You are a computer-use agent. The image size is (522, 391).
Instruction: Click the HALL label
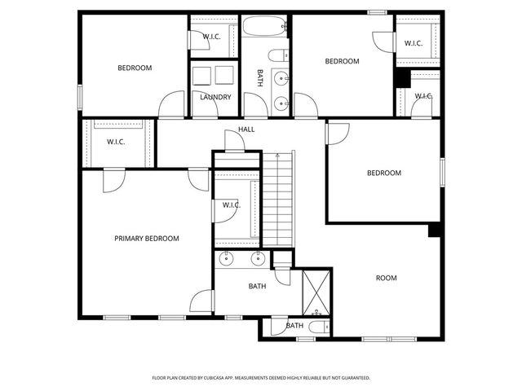pos(246,130)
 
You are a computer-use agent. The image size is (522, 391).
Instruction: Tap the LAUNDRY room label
pos(215,97)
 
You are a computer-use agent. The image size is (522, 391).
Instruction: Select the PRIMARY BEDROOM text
pos(146,238)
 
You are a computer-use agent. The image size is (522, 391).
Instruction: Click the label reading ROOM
pos(386,278)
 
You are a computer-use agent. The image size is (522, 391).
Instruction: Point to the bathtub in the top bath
pos(265,29)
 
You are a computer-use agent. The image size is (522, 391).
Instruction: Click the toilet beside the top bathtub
pos(277,55)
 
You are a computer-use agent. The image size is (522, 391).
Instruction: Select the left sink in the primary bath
pos(227,259)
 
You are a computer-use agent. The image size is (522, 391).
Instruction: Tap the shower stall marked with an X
pos(314,291)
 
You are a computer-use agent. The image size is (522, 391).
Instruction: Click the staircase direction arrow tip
pos(277,153)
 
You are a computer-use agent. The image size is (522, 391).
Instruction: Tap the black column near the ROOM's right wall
pos(434,229)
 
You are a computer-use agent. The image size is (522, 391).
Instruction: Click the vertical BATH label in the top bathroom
pos(260,77)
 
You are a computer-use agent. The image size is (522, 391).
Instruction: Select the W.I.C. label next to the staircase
pos(231,204)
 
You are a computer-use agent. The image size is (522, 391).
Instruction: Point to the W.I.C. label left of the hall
pos(116,142)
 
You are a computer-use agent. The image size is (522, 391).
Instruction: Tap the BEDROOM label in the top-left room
pos(135,68)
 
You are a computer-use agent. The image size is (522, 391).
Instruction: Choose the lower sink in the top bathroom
pos(281,103)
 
